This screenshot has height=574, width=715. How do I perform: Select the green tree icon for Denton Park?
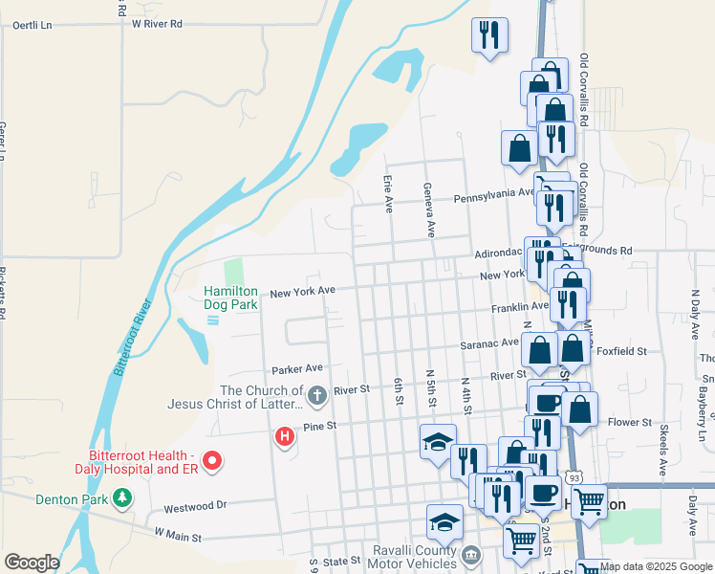click(121, 497)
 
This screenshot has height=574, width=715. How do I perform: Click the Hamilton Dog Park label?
click(231, 298)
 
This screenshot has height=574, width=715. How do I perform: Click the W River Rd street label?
click(157, 23)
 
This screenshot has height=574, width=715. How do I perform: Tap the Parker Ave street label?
click(297, 368)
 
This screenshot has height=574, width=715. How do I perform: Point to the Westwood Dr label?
click(194, 505)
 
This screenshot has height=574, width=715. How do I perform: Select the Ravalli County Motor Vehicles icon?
click(470, 555)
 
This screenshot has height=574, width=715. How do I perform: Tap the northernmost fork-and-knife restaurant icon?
click(489, 35)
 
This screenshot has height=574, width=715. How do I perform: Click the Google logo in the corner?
click(32, 563)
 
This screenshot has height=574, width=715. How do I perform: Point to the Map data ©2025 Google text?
click(656, 566)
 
